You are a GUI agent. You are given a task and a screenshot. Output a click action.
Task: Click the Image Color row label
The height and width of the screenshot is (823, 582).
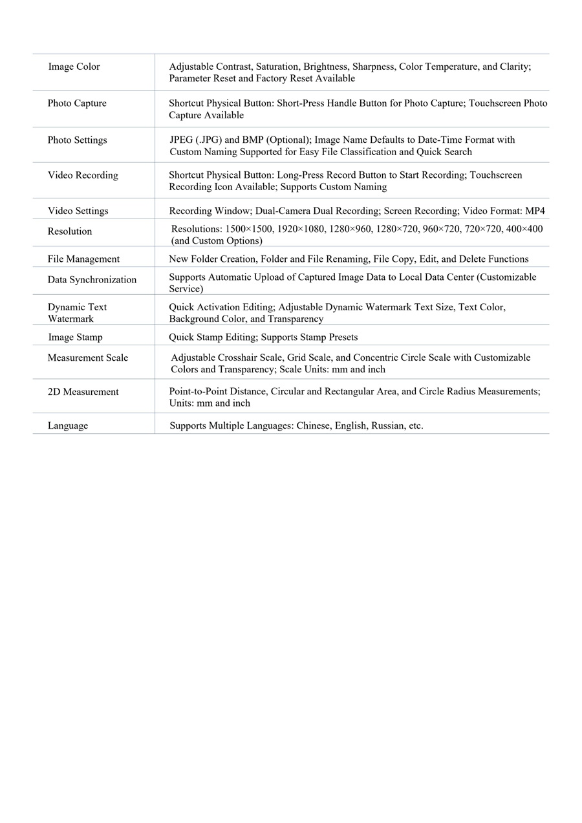(74, 67)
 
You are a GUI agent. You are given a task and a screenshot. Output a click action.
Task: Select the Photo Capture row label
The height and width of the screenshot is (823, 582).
(77, 103)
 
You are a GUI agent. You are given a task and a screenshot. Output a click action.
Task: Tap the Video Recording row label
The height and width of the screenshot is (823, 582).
(83, 175)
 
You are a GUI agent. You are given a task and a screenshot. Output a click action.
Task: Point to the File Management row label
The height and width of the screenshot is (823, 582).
(83, 259)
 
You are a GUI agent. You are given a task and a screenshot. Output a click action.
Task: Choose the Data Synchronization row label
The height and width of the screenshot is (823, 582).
(92, 280)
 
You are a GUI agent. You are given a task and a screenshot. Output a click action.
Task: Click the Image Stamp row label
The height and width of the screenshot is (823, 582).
(75, 337)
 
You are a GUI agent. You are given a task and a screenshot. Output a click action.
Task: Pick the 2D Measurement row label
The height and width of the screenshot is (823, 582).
(83, 392)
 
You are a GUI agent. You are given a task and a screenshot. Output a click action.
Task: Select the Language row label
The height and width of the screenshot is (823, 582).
(67, 426)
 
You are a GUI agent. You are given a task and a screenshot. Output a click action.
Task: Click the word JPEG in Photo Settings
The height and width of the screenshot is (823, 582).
(181, 140)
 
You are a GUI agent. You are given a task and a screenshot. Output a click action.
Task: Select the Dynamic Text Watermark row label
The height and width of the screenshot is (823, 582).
(76, 313)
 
